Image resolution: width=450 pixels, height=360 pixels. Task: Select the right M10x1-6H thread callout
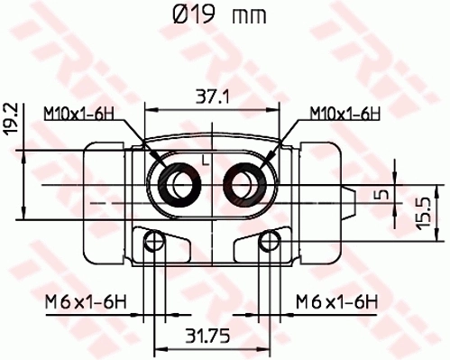click(343, 114)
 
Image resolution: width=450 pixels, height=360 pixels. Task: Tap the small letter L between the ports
click(206, 161)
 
